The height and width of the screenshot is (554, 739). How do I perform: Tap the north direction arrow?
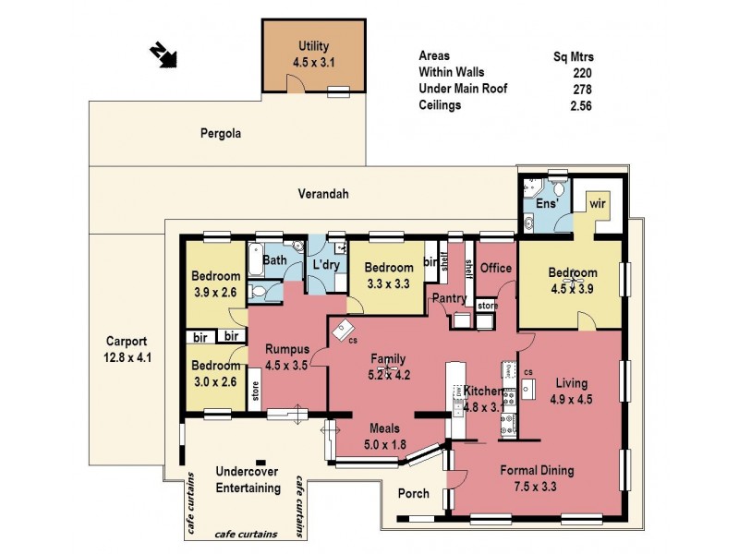(165, 55)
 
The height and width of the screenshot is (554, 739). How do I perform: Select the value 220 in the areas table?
(582, 72)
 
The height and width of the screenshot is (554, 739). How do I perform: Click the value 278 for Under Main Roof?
(582, 89)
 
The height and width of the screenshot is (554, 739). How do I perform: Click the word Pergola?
(221, 133)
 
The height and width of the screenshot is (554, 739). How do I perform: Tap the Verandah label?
(321, 194)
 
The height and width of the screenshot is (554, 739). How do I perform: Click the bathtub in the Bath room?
(257, 248)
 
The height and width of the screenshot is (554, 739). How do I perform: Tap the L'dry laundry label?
(328, 264)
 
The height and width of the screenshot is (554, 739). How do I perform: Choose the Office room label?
(496, 269)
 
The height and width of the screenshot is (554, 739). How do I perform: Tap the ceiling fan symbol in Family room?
(390, 371)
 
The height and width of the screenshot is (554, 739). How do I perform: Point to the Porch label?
(413, 493)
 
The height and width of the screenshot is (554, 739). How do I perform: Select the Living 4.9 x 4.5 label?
(570, 391)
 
